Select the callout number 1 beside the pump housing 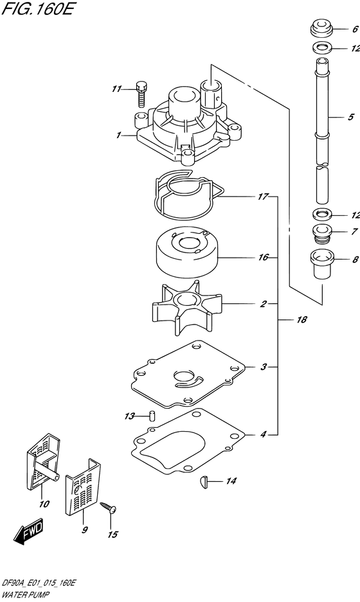(118, 136)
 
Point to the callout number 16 (262, 258)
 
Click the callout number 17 (262, 197)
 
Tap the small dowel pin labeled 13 (151, 414)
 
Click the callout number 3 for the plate (264, 367)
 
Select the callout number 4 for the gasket (263, 435)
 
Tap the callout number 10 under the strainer (44, 504)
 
